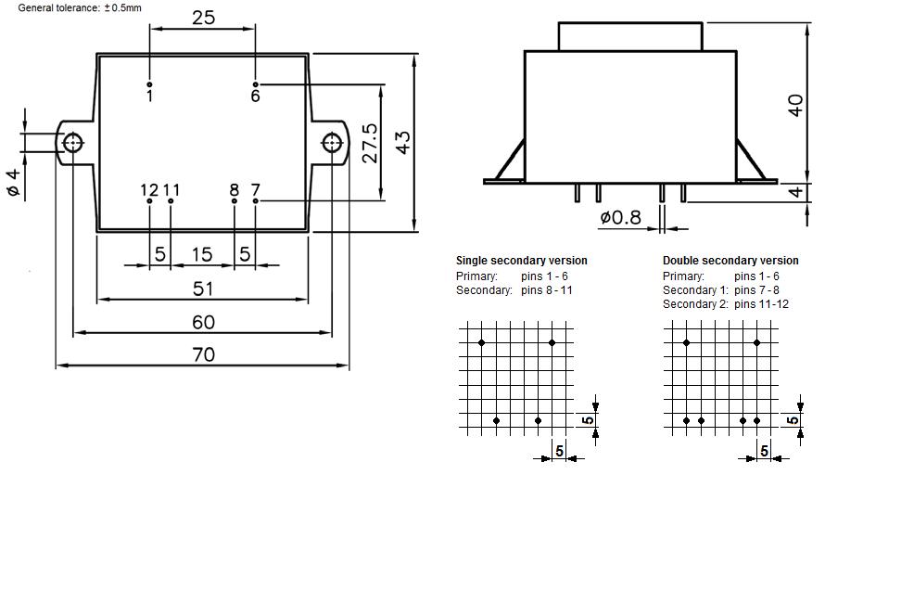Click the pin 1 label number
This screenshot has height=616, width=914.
[149, 96]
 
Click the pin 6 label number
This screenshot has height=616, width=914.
[255, 96]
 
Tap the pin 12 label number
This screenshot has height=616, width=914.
[149, 190]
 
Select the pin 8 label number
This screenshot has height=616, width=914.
[235, 190]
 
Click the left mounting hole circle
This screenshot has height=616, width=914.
[72, 143]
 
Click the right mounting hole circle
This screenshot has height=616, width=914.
[332, 143]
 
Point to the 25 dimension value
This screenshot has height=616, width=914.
[203, 18]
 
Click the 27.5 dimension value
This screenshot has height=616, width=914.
[370, 144]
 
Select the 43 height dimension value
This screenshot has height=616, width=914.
[402, 142]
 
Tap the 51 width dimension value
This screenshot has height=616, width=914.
[203, 289]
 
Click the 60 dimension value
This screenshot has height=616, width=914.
[203, 322]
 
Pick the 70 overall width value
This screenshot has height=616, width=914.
[203, 354]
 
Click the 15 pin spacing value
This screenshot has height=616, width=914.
[201, 254]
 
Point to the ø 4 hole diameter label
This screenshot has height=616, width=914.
[13, 182]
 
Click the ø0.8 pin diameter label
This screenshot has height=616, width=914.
[620, 218]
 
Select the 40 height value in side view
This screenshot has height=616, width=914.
[794, 105]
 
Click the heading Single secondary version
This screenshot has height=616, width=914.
[521, 261]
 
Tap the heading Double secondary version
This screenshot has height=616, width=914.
[730, 261]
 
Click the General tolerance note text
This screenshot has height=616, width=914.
[80, 7]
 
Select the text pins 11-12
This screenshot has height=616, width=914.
[761, 304]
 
